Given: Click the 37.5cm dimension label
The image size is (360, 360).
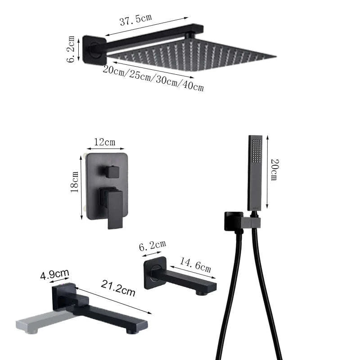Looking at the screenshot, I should pos(135,20).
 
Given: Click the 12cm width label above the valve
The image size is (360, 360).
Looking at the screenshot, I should pos(104,142).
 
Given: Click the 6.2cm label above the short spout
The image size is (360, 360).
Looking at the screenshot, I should pos(153,246).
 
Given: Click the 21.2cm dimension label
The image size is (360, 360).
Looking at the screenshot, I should pos(118,288).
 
